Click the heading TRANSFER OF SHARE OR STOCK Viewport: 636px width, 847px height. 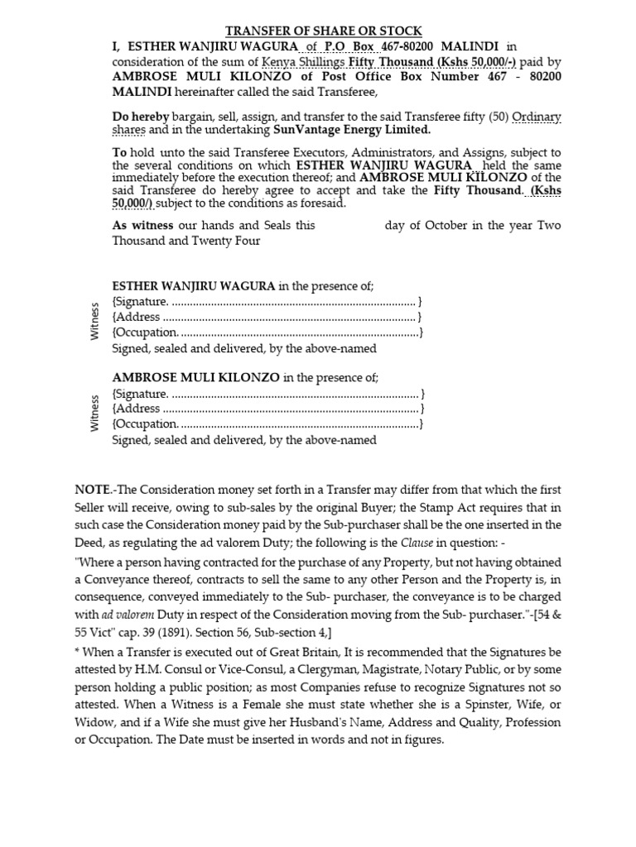325,31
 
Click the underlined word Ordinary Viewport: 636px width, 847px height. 537,117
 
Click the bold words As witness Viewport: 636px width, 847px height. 143,225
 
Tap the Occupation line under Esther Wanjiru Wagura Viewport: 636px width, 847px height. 267,333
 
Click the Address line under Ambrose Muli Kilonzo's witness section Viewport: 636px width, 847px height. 267,409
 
